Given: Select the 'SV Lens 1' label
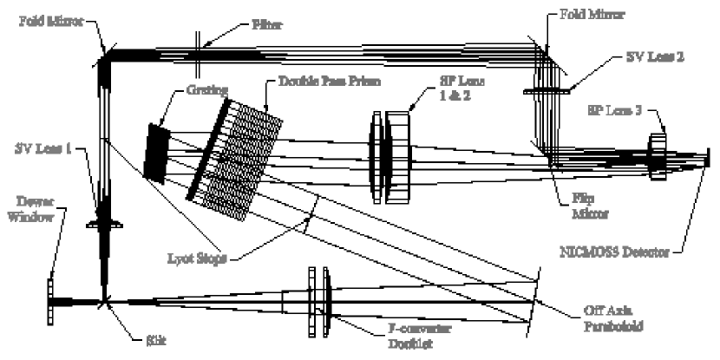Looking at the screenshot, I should (39, 148).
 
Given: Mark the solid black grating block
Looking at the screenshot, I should (160, 153).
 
